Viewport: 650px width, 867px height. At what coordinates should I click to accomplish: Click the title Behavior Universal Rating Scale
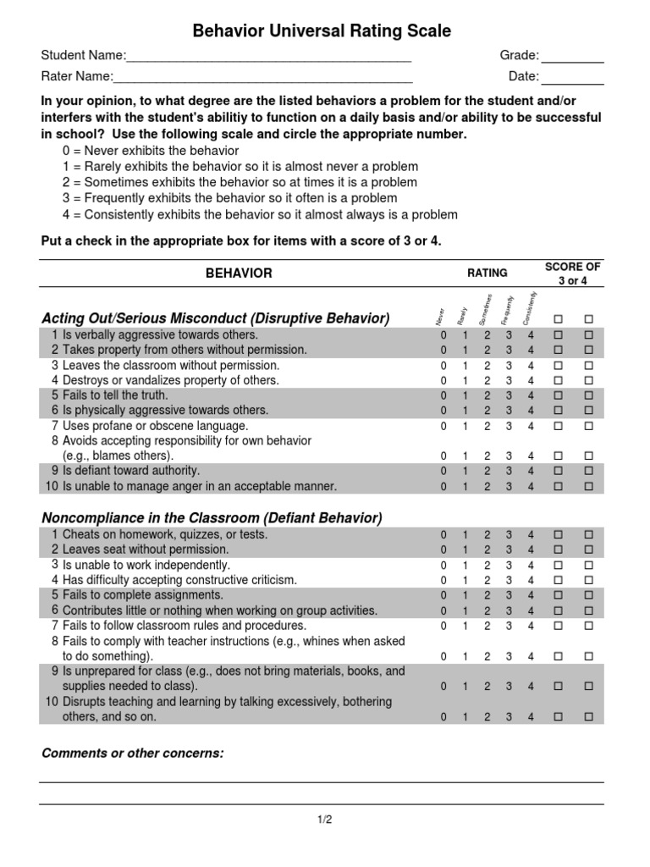[x=322, y=31]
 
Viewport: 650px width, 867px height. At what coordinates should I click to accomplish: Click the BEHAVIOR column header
[x=239, y=273]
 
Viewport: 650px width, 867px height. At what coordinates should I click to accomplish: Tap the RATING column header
[x=487, y=273]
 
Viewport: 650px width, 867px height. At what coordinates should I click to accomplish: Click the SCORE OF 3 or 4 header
[x=572, y=273]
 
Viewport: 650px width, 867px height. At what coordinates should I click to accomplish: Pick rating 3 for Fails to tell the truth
[x=509, y=395]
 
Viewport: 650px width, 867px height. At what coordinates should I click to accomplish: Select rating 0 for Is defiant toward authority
[x=443, y=471]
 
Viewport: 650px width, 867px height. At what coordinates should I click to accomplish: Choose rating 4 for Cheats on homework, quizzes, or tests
[x=531, y=535]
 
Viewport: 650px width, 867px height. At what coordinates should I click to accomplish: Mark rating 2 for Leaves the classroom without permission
[x=487, y=366]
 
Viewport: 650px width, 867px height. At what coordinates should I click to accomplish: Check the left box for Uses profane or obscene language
[x=558, y=426]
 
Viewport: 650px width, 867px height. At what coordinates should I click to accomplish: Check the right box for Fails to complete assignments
[x=588, y=595]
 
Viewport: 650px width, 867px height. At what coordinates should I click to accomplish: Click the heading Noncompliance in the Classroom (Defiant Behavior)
[x=212, y=517]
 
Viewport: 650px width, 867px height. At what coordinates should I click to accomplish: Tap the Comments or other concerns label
[x=132, y=753]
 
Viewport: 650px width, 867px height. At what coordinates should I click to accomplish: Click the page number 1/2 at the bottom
[x=325, y=820]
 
